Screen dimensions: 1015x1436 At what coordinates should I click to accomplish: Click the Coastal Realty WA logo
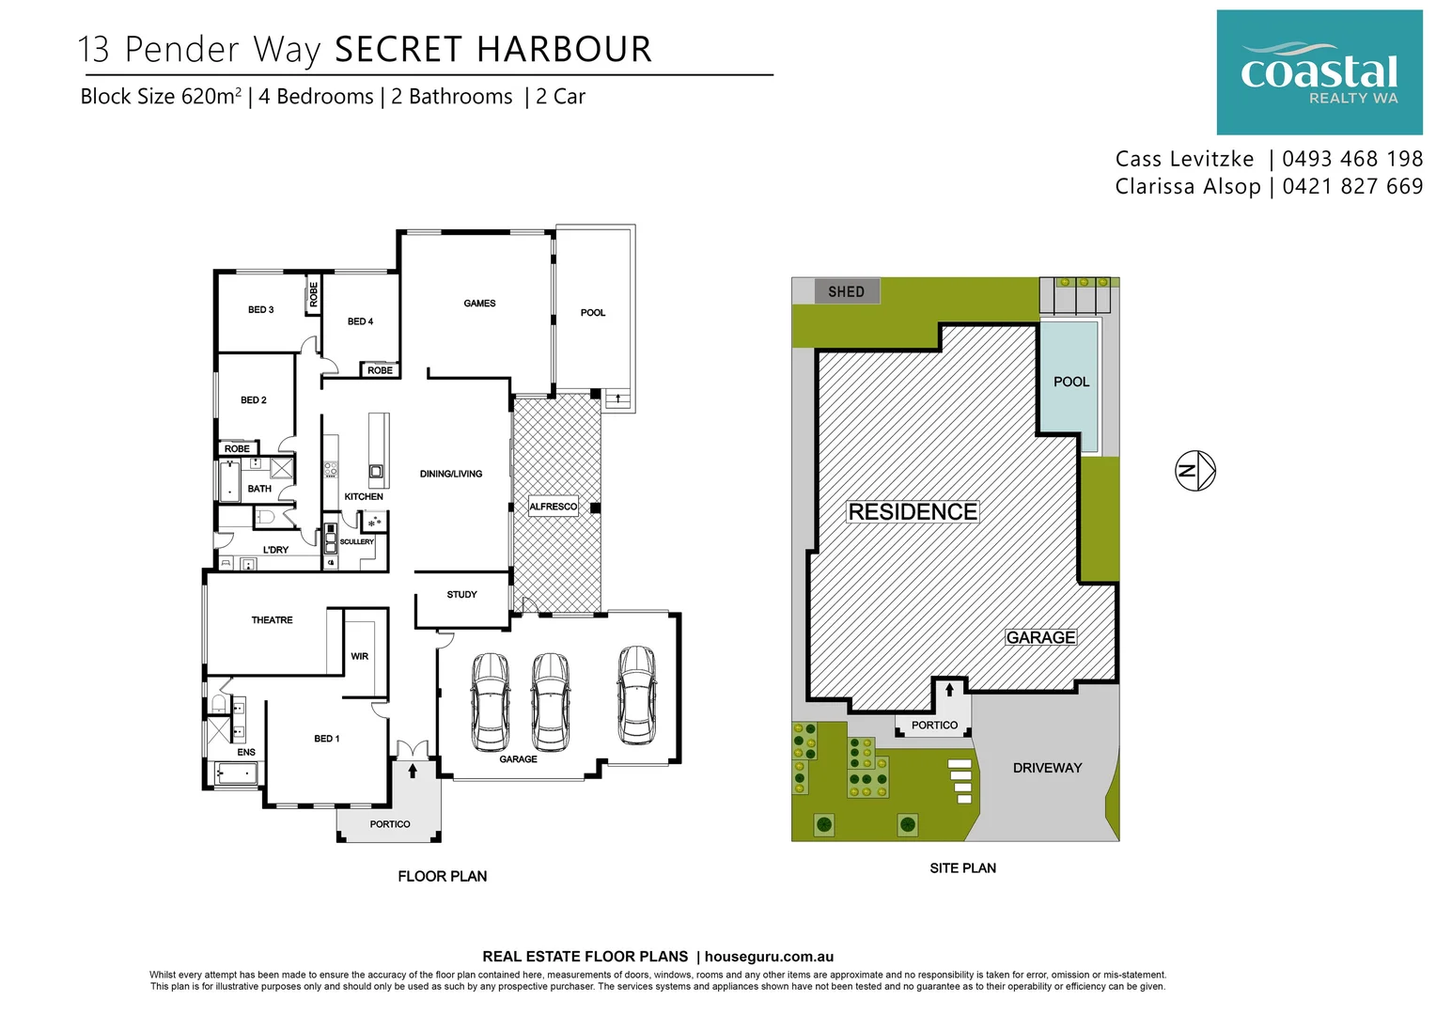coord(1319,72)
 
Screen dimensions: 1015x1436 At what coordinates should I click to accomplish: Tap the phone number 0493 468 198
coord(1352,159)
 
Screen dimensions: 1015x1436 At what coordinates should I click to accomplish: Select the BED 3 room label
coord(260,309)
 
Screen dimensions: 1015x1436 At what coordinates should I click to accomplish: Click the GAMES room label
coord(479,304)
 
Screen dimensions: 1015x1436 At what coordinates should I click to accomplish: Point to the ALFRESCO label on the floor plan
coord(553,507)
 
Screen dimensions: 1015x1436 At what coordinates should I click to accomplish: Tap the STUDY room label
coord(461,595)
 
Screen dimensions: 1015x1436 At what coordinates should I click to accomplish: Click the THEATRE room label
coord(272,620)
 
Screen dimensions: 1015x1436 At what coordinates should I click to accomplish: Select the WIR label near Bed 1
coord(359,656)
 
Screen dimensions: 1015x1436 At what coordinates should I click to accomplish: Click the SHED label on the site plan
coord(846,291)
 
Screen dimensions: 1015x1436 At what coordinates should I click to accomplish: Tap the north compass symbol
coord(1195,470)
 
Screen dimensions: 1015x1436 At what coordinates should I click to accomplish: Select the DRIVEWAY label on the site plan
coord(1047,768)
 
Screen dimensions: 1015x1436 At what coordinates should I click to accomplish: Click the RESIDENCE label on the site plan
coord(913,512)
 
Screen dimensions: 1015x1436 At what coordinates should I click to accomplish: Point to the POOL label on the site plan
coord(1070,382)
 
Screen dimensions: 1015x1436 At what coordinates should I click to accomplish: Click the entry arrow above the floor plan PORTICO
coord(413,771)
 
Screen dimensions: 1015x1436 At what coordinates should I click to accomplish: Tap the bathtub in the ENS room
coord(236,773)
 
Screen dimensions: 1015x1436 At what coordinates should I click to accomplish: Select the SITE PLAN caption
coord(962,868)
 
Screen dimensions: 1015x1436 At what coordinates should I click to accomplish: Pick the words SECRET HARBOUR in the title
coord(492,50)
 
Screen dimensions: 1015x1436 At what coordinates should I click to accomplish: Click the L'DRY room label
coord(275,550)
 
